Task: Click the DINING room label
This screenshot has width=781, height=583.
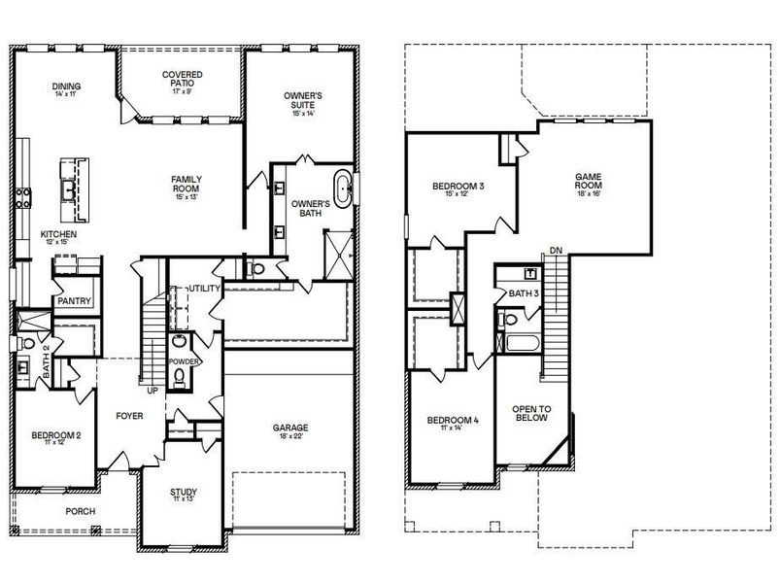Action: click(67, 87)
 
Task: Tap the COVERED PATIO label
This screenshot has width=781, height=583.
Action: click(182, 79)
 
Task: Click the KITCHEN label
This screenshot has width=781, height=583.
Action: click(58, 235)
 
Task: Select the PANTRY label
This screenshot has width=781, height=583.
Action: click(74, 301)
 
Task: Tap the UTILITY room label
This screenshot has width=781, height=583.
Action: click(205, 289)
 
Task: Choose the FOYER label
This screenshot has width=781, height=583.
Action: click(129, 415)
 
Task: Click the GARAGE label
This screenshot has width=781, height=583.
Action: click(289, 428)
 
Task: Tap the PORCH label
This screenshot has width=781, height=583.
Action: click(81, 510)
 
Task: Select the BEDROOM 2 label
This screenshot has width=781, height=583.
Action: click(55, 434)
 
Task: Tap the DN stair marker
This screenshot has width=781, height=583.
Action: click(555, 251)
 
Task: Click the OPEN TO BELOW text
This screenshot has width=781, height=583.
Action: click(532, 412)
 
